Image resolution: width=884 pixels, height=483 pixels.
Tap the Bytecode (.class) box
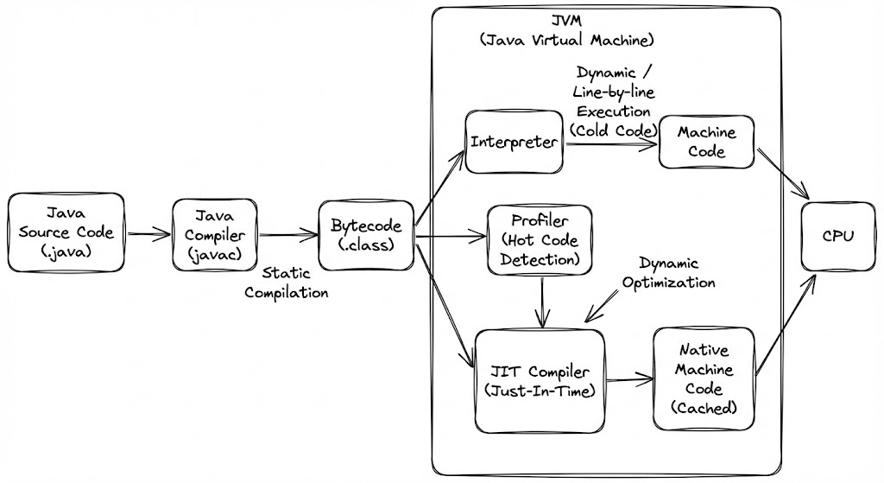pos(366,233)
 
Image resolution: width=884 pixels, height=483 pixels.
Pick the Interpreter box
pos(514,142)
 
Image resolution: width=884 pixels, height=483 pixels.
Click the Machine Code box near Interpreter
pos(707,142)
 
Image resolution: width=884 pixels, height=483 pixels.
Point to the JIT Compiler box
pos(540,381)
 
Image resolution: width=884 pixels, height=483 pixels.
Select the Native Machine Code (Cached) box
pos(704,379)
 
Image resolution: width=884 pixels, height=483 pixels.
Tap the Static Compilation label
pos(286,283)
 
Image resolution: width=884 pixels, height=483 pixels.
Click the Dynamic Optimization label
pos(668,273)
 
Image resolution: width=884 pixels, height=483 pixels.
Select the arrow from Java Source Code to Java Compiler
pos(148,232)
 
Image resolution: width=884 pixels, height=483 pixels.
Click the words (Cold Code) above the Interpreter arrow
pos(614,130)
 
